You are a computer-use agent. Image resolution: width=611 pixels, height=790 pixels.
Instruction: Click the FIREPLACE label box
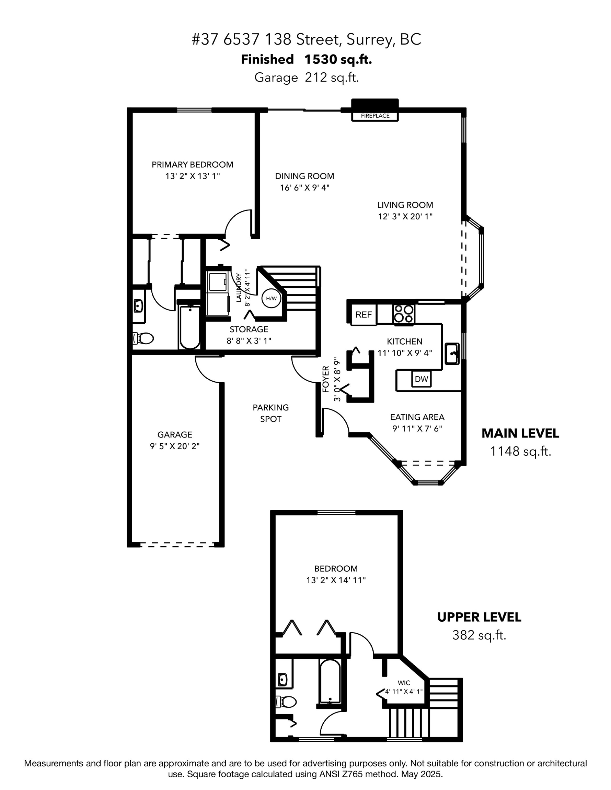375,116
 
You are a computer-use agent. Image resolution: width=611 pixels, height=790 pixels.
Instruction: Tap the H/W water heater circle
271,298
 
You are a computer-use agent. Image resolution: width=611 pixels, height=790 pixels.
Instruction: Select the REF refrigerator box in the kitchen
363,314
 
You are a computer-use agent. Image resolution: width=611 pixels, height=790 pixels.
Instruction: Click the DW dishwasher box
421,379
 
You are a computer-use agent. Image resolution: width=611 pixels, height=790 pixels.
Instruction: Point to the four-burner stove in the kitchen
404,314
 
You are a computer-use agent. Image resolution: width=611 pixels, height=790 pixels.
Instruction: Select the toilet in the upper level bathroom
287,702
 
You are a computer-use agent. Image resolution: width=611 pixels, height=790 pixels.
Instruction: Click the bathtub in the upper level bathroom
330,682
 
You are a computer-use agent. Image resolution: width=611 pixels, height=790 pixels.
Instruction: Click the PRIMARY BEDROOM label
192,165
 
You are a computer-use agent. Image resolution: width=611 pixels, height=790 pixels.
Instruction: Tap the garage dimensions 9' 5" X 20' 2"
175,446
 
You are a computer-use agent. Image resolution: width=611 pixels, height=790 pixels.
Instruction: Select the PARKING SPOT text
270,413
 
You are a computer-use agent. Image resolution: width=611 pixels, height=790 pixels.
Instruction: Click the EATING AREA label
417,417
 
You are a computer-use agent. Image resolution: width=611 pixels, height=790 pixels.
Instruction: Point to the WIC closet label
404,683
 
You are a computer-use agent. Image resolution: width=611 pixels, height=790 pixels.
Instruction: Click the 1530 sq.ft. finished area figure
337,59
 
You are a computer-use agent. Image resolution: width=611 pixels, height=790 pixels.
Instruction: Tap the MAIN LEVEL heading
520,433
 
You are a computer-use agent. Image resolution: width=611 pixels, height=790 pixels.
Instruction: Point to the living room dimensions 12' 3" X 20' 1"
405,216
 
